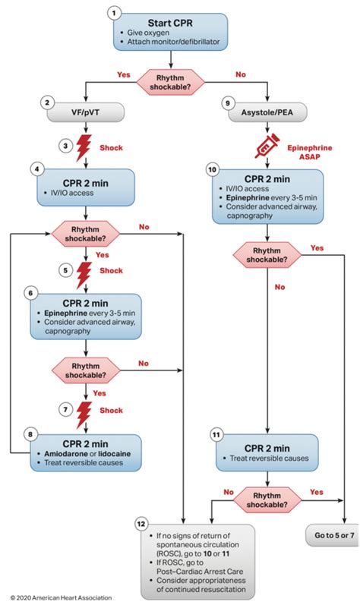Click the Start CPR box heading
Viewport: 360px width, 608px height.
point(170,23)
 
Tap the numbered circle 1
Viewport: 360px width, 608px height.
point(114,13)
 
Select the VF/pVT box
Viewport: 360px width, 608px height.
point(85,112)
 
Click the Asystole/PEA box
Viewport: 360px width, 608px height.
point(267,112)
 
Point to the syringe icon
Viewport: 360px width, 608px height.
point(267,146)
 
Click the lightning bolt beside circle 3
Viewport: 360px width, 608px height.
point(84,147)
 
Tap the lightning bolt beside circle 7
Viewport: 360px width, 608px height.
point(84,414)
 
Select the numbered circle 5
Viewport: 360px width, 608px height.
point(65,270)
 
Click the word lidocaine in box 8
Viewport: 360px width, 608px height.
point(115,454)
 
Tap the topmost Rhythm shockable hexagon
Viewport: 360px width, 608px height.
point(170,82)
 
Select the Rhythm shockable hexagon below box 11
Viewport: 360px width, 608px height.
point(267,500)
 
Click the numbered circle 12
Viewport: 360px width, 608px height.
point(141,525)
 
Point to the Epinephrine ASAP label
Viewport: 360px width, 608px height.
point(310,152)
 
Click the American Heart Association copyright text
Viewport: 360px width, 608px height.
point(61,597)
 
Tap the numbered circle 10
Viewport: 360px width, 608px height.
point(213,170)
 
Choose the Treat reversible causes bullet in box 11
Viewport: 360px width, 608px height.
point(269,458)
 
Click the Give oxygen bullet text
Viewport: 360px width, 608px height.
point(148,33)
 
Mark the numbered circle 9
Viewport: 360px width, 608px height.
point(228,103)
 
